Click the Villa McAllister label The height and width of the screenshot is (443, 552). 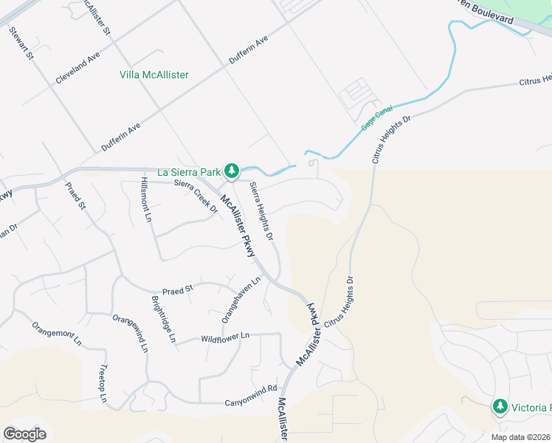pos(154,75)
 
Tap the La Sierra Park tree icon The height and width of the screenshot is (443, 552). pos(232,172)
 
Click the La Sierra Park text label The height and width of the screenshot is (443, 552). pos(189,173)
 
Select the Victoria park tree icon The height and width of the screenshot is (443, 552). pos(500,407)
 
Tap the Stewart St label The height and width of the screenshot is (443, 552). pos(22,45)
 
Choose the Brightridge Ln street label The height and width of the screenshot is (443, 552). pos(164,319)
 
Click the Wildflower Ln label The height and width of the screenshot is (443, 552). pos(226,337)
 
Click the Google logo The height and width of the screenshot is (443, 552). pos(25,434)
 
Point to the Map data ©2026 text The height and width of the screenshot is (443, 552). pos(521,437)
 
